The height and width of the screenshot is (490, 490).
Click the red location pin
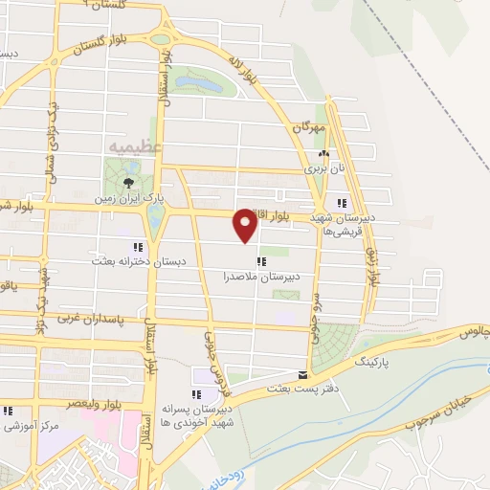coord(246,226)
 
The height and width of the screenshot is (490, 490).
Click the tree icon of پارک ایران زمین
coord(129,183)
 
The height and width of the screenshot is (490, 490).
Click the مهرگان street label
coord(310,126)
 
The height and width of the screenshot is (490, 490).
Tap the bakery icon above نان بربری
coord(323,153)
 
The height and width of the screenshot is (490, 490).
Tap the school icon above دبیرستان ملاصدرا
coord(259,261)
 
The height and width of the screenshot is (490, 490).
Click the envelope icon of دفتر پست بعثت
coord(303,373)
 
